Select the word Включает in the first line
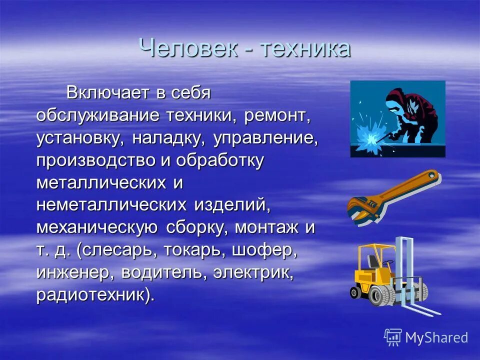point(108,92)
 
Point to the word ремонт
point(277,115)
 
